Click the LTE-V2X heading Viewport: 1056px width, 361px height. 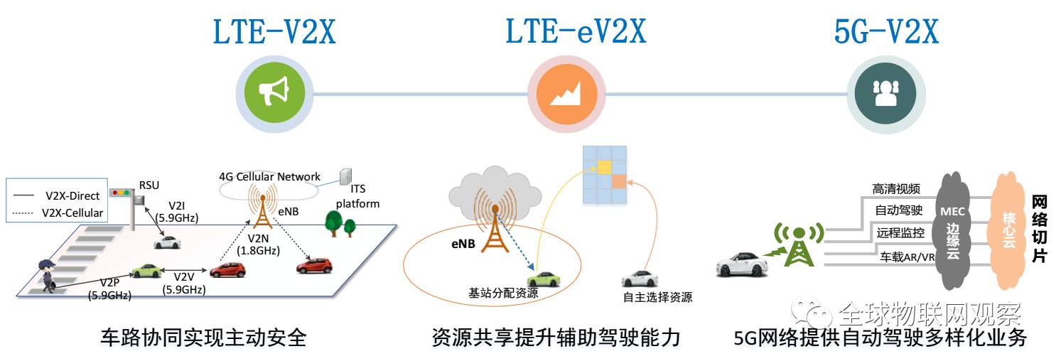pyautogui.click(x=274, y=32)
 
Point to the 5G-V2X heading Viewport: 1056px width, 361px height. pyautogui.click(x=886, y=32)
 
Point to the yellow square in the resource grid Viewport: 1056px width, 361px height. pyautogui.click(x=604, y=166)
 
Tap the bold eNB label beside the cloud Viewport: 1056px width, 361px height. pyautogui.click(x=462, y=242)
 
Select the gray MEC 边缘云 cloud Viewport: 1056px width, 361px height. pyautogui.click(x=952, y=231)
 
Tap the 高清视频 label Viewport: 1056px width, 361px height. pyautogui.click(x=896, y=189)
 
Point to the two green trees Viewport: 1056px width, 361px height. pyautogui.click(x=340, y=225)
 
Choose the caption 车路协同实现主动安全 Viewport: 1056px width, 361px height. pyautogui.click(x=204, y=338)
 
